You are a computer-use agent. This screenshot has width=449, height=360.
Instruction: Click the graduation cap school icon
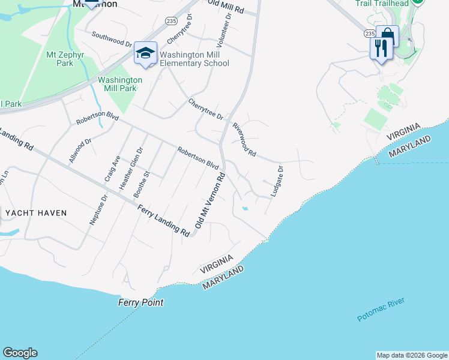[x=145, y=53]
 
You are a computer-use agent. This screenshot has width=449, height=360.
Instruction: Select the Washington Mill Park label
[x=120, y=84]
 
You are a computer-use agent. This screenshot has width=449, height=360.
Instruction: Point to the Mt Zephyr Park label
[x=64, y=58]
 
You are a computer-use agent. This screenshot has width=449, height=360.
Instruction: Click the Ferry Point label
[x=140, y=302]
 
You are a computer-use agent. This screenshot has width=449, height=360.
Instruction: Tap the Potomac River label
[x=381, y=310]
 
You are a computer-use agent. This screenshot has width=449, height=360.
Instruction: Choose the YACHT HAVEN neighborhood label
[x=36, y=213]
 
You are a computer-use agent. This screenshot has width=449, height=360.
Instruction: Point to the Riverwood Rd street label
[x=244, y=138]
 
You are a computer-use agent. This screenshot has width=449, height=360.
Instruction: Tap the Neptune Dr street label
[x=98, y=209]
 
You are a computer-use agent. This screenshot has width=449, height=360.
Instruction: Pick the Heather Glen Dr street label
[x=131, y=169]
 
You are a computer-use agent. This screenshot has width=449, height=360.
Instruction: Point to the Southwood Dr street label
[x=112, y=40]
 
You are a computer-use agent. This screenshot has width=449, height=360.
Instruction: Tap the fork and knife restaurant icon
[x=381, y=48]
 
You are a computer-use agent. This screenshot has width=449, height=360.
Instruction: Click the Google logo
[x=20, y=353]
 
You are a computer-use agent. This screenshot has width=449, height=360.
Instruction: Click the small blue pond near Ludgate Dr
[x=244, y=208]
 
